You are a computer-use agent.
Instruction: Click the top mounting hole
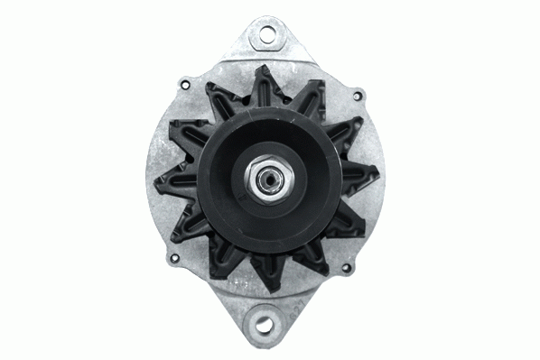pos(266,34)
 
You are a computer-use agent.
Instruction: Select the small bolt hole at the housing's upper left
pos(184,85)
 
